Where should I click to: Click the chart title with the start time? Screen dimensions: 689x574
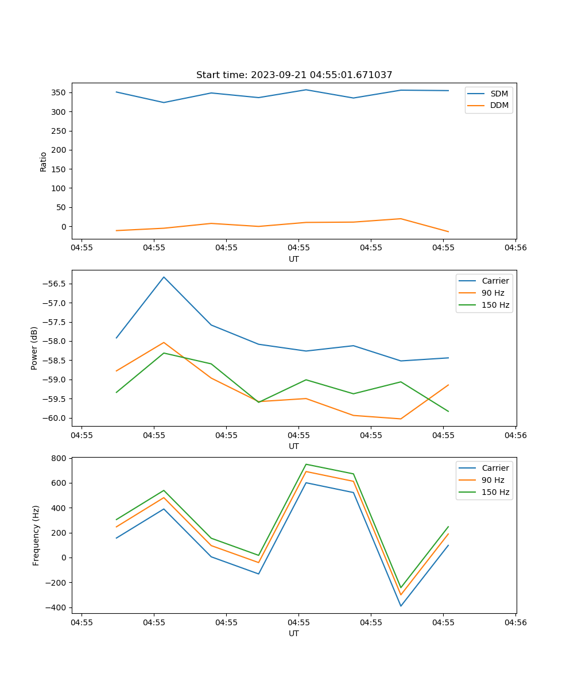tap(294, 75)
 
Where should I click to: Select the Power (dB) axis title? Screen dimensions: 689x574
tap(34, 348)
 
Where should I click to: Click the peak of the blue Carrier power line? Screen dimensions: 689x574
tap(164, 277)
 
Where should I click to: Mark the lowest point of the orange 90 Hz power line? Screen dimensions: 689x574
tap(401, 419)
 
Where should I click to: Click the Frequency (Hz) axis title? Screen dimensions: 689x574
tap(36, 535)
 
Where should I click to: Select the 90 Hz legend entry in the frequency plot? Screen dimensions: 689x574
tap(492, 480)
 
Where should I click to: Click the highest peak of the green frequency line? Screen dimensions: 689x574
tap(306, 464)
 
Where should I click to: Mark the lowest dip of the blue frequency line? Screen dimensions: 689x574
tap(401, 606)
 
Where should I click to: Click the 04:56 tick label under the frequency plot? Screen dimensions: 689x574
tap(515, 622)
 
